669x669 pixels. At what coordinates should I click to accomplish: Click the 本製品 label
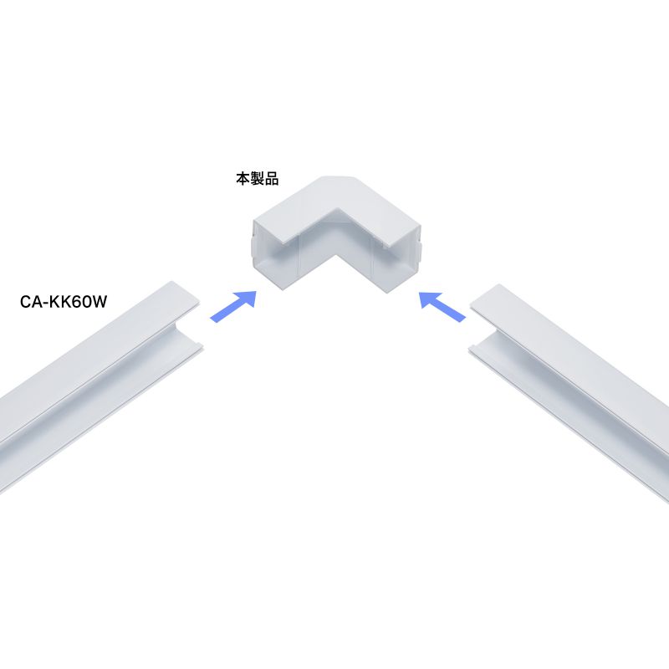258,179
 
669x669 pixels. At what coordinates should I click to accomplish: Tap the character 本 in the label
243,179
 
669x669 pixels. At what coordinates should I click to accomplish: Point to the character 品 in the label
272,179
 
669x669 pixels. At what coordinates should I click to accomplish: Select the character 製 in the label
258,179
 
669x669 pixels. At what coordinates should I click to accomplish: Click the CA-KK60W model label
64,302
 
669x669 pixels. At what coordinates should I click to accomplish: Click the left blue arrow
233,306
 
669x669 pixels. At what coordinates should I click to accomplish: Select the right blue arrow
442,306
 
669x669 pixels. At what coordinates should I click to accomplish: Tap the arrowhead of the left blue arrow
247,299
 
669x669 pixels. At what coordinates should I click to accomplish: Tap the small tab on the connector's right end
420,252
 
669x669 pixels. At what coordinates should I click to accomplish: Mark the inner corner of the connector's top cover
339,209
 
